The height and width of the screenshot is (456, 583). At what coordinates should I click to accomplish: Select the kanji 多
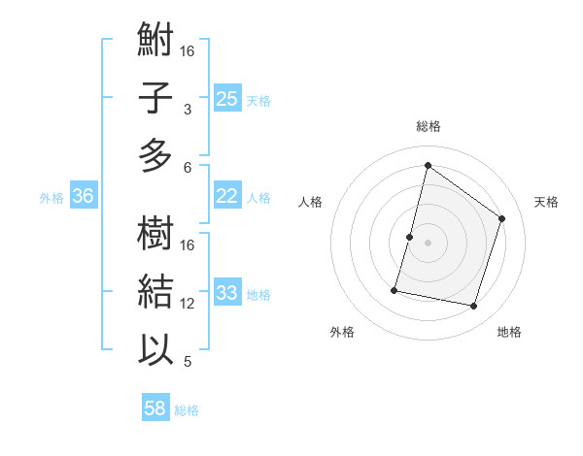point(155,155)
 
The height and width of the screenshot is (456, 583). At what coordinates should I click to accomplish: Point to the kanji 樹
point(155,234)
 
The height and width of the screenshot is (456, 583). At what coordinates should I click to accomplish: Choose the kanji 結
point(155,291)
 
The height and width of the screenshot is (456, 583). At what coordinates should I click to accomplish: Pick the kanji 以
point(155,349)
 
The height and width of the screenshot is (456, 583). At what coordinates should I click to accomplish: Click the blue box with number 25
point(226,98)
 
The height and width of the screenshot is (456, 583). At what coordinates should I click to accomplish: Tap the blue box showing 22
point(226,196)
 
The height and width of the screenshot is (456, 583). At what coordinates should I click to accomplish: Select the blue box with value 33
point(226,292)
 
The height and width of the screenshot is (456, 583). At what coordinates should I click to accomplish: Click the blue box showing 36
point(83,196)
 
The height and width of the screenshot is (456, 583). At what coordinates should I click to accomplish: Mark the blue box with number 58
point(154,408)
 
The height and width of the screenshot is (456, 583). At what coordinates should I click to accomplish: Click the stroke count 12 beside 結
point(188,304)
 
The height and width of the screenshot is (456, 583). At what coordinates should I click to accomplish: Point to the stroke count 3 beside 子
point(187,110)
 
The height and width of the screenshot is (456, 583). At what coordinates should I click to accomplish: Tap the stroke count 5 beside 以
point(187,362)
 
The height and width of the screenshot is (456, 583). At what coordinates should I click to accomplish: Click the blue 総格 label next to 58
point(187,410)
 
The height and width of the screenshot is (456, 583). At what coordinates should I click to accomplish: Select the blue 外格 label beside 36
point(51,198)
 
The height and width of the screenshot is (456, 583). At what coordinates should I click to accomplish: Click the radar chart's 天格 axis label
point(546,202)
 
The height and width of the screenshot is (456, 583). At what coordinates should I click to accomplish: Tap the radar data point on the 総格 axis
point(428,165)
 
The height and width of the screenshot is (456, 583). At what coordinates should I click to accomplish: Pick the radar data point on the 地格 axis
point(473,306)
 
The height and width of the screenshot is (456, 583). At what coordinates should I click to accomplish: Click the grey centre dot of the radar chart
point(428,243)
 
